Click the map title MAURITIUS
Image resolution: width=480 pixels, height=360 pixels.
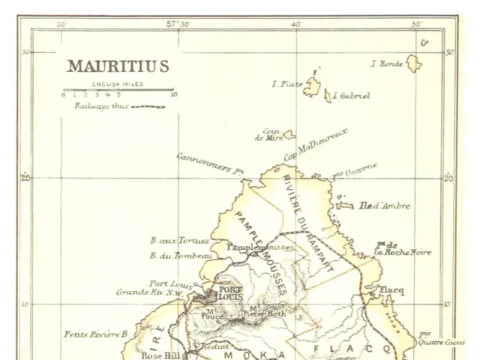[118, 66]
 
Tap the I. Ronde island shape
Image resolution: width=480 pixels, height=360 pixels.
[414, 64]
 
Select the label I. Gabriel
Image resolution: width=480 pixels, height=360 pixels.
[351, 96]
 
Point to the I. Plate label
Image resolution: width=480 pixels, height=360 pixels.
[286, 84]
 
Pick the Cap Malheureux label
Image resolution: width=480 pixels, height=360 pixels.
[316, 142]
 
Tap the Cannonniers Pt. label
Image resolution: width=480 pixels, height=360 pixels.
[211, 163]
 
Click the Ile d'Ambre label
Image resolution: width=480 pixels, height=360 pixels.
[385, 205]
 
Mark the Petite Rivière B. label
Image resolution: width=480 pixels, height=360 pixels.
[95, 334]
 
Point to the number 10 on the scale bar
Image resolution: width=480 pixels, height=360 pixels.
[174, 95]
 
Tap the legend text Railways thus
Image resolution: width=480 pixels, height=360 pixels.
[100, 106]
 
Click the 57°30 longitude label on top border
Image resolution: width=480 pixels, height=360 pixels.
[178, 24]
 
